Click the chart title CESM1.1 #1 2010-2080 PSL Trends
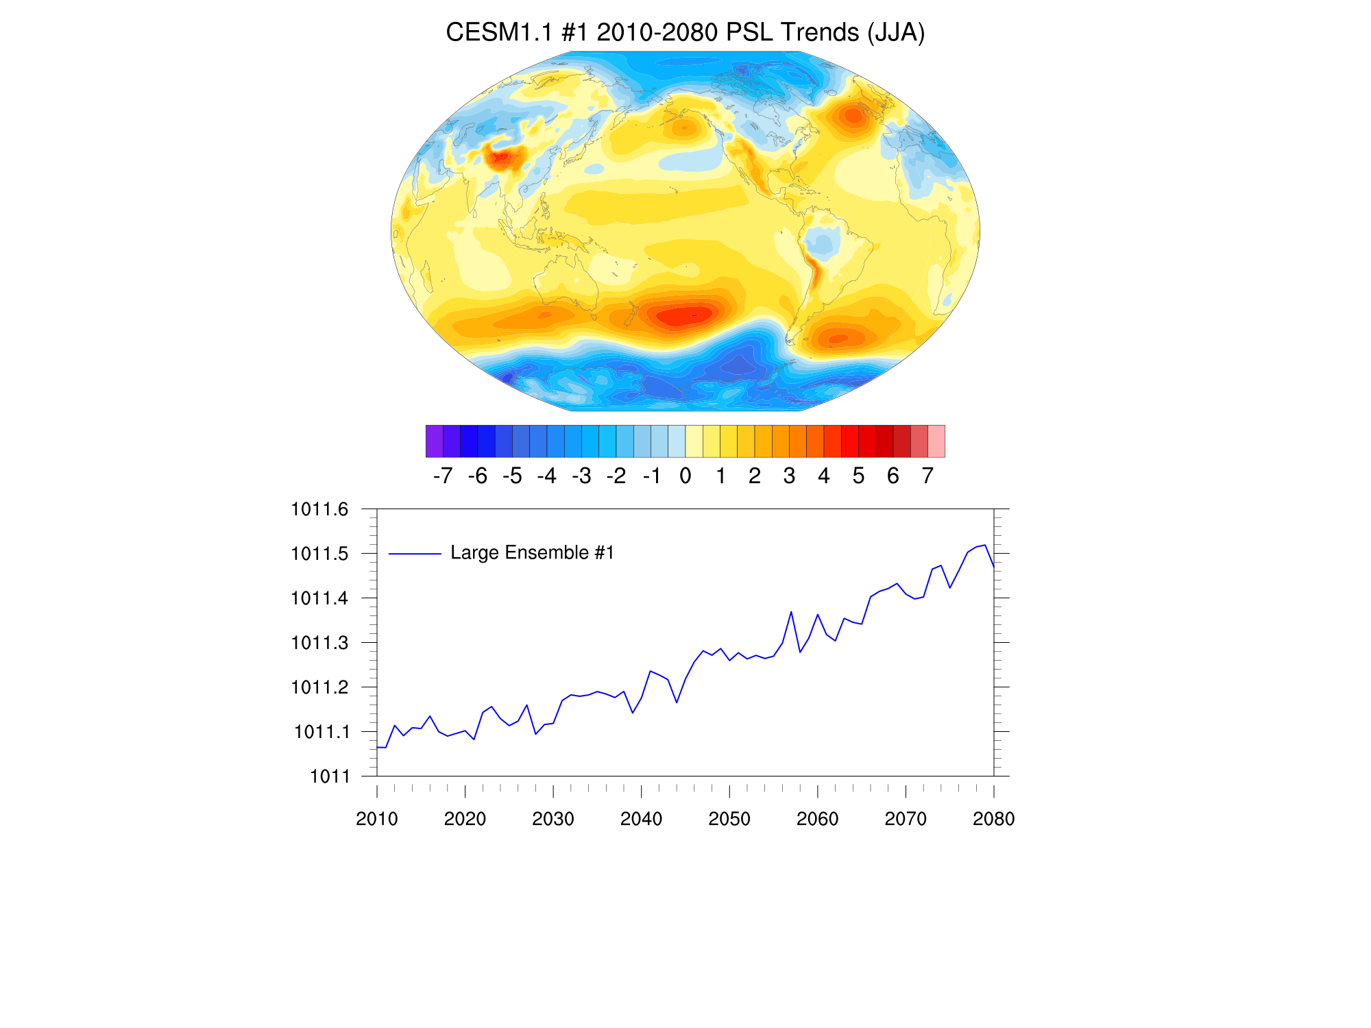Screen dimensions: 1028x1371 (x=685, y=32)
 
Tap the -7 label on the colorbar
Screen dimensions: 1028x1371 (x=443, y=476)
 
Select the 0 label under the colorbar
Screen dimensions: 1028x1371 (x=685, y=476)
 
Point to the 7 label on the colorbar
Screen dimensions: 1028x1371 (x=927, y=476)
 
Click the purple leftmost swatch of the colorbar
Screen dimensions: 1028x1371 (x=434, y=441)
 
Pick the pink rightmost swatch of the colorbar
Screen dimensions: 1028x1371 (x=936, y=441)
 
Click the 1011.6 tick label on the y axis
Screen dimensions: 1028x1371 (x=319, y=509)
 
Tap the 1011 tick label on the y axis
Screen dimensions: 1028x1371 (x=330, y=776)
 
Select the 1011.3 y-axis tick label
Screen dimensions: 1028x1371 (x=319, y=643)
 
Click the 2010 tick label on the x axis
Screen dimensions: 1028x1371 (x=377, y=819)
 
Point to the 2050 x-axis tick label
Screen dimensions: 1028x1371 (x=729, y=819)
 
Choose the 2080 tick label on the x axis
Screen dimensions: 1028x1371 (x=993, y=819)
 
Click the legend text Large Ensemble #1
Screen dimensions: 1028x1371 (x=532, y=553)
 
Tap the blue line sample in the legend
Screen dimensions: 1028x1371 (x=415, y=554)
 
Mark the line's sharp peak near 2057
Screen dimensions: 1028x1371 (x=791, y=611)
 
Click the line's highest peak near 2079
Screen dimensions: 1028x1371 (x=985, y=546)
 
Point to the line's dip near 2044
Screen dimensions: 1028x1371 (x=677, y=702)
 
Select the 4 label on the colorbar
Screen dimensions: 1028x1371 (x=823, y=476)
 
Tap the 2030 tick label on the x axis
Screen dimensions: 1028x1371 (x=553, y=819)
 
